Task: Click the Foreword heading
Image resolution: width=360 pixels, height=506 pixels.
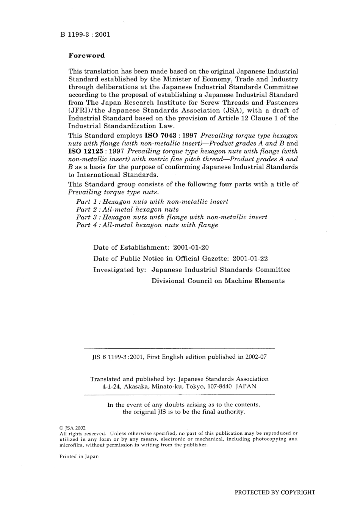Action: click(x=86, y=55)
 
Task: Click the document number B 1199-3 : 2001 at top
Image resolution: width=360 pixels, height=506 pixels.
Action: click(x=85, y=34)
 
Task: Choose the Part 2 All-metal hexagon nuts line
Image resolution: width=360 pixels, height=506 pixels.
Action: click(x=127, y=209)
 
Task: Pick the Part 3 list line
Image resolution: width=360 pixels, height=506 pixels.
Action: click(x=172, y=217)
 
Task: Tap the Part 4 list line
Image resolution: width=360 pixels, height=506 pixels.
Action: click(x=147, y=225)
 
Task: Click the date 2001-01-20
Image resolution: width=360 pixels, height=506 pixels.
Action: click(x=191, y=248)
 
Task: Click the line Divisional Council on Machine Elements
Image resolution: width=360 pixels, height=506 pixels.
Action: click(x=218, y=281)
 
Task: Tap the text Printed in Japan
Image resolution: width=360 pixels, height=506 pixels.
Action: click(x=79, y=456)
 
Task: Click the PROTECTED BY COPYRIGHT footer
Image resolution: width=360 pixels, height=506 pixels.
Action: click(x=275, y=492)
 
